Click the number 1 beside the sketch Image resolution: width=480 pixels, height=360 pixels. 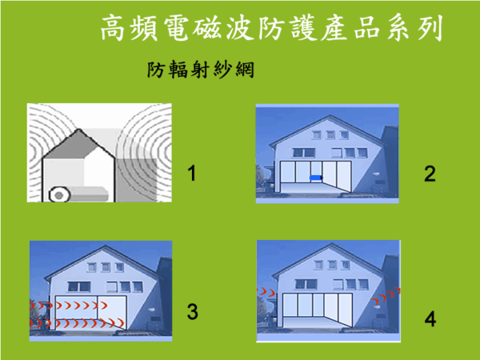(192, 172)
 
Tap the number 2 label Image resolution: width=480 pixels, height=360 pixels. (430, 174)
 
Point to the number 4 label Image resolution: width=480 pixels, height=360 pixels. (430, 320)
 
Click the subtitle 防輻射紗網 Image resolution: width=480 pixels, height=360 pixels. (200, 70)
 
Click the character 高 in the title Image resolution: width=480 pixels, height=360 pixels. (116, 30)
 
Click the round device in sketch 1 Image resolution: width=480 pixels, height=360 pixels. (58, 193)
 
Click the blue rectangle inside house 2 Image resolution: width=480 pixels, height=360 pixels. (316, 178)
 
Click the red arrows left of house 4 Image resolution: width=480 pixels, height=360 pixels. (265, 294)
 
